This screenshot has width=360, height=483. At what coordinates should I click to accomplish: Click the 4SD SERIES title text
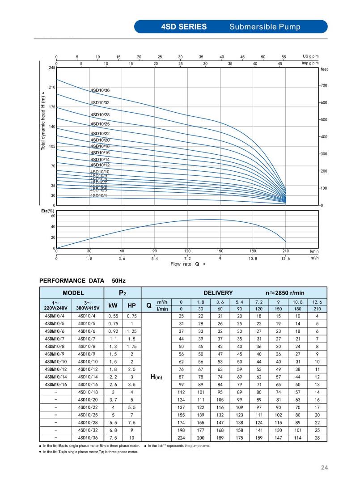click(x=184, y=27)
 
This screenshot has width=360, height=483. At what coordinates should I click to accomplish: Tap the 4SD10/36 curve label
click(x=100, y=90)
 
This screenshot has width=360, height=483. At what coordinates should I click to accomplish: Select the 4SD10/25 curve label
click(x=100, y=124)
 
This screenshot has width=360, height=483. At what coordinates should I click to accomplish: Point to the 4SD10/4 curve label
click(x=98, y=195)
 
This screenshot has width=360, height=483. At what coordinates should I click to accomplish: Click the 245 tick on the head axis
click(x=52, y=68)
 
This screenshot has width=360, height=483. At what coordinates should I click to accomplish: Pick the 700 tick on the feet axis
click(x=323, y=85)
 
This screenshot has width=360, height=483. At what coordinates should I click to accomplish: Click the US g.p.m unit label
click(x=313, y=57)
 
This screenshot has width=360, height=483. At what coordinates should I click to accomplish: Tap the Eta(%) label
click(x=48, y=211)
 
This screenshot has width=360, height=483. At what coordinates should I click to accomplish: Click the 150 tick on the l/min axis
click(x=220, y=252)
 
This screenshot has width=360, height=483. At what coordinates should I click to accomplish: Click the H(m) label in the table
click(x=155, y=377)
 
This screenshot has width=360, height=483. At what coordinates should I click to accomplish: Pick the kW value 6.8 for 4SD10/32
click(x=113, y=430)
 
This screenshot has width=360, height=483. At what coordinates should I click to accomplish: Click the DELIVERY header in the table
click(x=218, y=293)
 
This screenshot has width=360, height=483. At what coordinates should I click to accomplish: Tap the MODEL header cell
click(x=73, y=293)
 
